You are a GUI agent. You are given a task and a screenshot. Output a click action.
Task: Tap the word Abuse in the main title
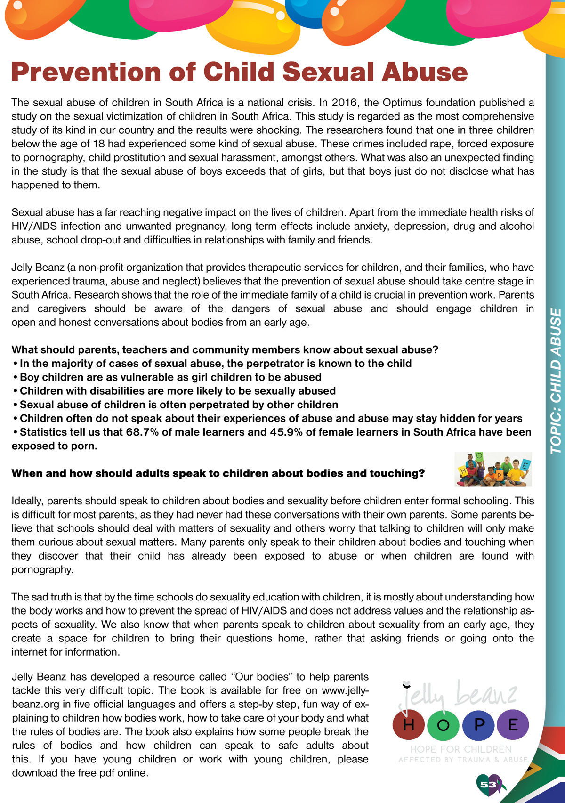tap(424, 72)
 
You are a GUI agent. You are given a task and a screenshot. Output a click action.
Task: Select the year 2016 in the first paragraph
tap(344, 103)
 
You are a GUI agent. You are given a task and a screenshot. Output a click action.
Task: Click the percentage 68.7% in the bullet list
tap(142, 432)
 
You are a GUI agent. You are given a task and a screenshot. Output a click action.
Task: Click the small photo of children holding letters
tap(493, 469)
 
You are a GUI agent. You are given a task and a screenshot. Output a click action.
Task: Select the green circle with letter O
tap(443, 724)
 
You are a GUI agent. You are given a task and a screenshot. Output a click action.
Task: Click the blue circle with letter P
tap(478, 724)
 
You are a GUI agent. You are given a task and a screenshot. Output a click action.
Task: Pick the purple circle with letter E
tap(513, 724)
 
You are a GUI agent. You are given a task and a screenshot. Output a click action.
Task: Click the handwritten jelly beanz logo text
tap(459, 695)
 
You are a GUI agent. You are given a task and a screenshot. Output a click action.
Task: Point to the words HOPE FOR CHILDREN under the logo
tap(461, 749)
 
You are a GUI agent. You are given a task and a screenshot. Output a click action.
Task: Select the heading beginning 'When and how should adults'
tap(218, 473)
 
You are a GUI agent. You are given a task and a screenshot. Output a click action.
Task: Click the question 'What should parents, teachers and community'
tap(225, 350)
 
